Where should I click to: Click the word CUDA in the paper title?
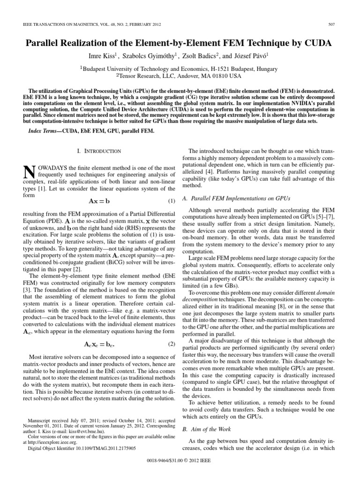(x=318, y=43)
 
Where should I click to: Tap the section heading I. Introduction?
(x=98, y=151)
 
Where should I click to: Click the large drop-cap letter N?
(x=29, y=172)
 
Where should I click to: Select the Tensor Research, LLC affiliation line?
(x=180, y=75)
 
